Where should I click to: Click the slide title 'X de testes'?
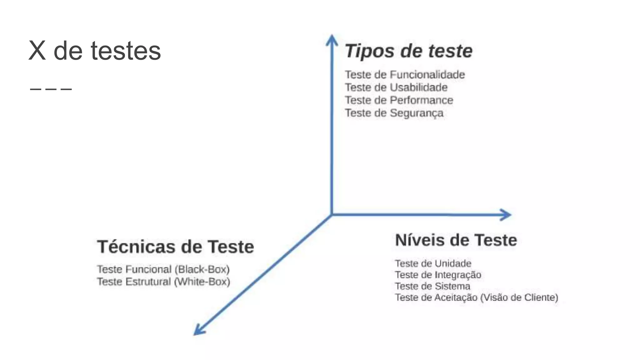click(95, 51)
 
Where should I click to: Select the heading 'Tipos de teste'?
click(408, 51)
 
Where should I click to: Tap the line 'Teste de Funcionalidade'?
click(405, 75)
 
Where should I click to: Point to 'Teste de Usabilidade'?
click(396, 87)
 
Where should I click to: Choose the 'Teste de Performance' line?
click(399, 100)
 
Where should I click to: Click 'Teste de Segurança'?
click(394, 113)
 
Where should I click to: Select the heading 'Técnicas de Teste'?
click(175, 247)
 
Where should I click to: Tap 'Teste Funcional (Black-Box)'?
click(163, 269)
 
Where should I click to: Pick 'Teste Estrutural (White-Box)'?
click(163, 282)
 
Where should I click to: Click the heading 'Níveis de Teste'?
click(456, 240)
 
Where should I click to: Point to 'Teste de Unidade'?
click(433, 263)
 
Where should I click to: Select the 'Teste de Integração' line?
click(438, 275)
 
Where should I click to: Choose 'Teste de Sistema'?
click(432, 286)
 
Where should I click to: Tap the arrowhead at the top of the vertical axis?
click(332, 39)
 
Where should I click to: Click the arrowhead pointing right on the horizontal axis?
click(506, 215)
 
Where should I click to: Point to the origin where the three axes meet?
click(332, 215)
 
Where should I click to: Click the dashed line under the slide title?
click(51, 89)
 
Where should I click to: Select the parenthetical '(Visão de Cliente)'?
click(519, 297)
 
